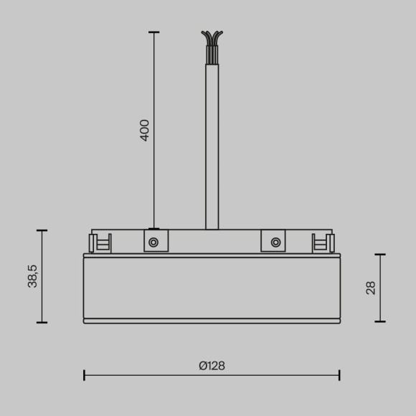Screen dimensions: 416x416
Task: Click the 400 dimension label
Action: (145, 130)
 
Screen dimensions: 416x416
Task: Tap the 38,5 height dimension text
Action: (32, 276)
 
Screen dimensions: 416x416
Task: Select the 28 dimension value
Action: (371, 288)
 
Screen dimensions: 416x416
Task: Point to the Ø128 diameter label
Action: (212, 365)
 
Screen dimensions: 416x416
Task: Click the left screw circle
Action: (153, 242)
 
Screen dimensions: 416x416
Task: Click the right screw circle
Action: (275, 242)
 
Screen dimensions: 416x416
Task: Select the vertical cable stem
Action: (212, 143)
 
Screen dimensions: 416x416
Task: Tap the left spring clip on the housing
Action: (102, 243)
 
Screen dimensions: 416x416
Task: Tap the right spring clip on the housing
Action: (321, 243)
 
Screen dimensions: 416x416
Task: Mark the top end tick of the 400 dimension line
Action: (153, 32)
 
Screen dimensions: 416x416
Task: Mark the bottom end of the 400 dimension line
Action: (153, 229)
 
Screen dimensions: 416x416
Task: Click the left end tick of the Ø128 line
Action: (85, 374)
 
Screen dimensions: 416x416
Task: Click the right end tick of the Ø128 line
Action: (339, 374)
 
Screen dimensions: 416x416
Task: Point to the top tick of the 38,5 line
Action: (42, 230)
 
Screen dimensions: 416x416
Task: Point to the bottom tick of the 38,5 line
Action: (42, 322)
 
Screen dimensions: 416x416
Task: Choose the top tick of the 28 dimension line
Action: (380, 255)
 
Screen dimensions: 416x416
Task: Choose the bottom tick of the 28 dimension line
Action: (380, 321)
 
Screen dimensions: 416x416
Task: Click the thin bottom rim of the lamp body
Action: (212, 321)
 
